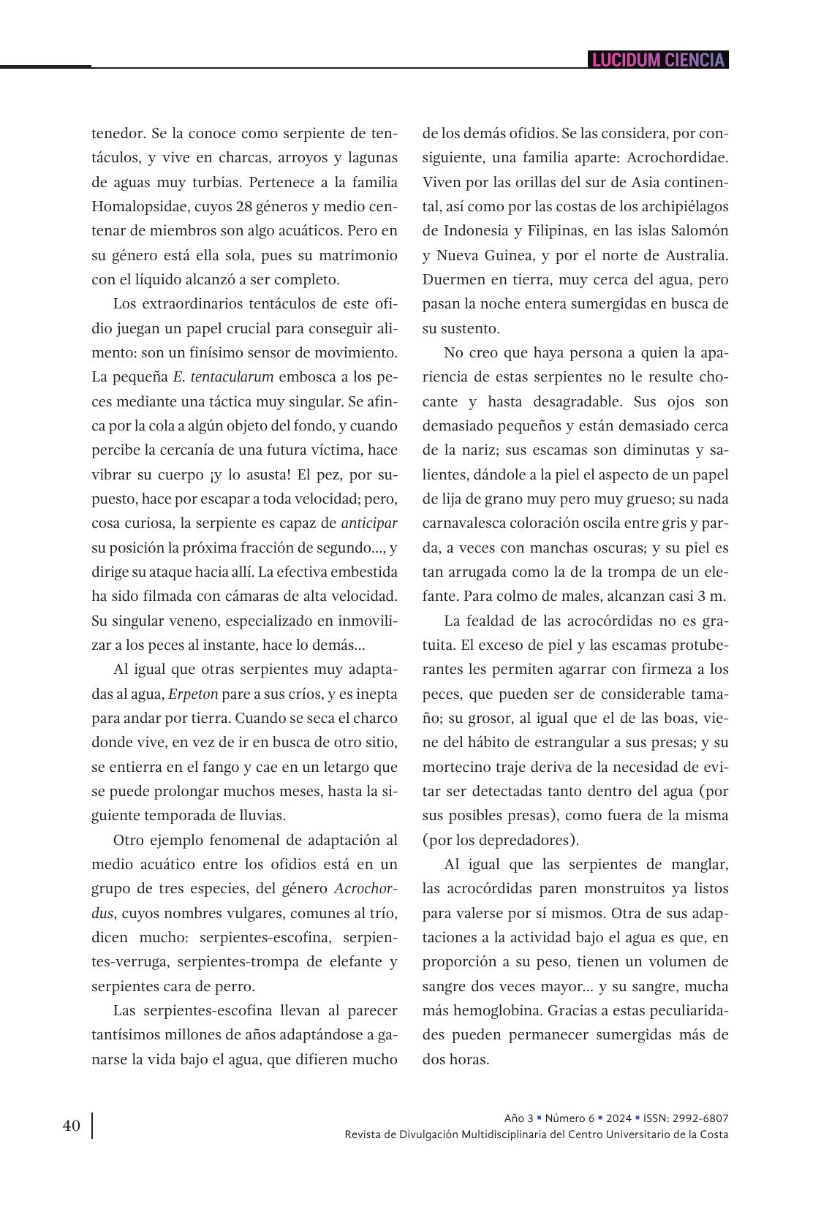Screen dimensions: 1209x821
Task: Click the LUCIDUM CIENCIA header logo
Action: pyautogui.click(x=657, y=60)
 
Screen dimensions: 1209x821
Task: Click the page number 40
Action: pyautogui.click(x=72, y=1125)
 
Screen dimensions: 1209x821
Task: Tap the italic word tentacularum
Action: pyautogui.click(x=232, y=377)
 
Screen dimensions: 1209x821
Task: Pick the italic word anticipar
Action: pyautogui.click(x=369, y=523)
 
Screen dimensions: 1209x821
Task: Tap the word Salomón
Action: pyautogui.click(x=700, y=231)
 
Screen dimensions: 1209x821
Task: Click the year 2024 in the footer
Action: pyautogui.click(x=618, y=1118)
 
